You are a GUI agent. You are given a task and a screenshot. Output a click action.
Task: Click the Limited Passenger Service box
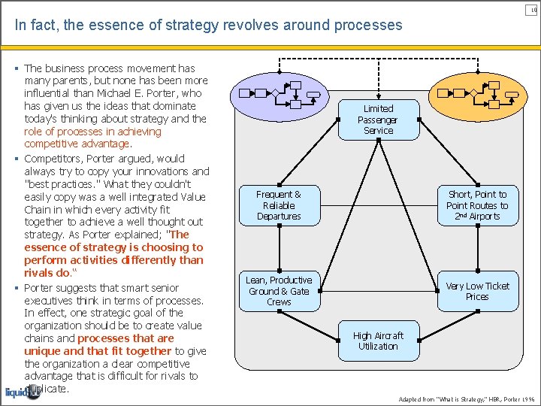tap(378, 120)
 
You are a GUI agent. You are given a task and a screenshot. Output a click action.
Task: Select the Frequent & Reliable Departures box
tap(279, 205)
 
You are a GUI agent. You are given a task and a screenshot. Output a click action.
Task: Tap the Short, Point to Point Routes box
tap(477, 205)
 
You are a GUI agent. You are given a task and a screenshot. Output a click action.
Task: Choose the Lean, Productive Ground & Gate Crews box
tap(279, 291)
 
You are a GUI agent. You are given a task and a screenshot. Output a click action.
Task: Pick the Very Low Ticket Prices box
tap(477, 291)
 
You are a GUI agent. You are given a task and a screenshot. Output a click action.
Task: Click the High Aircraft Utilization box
tap(378, 341)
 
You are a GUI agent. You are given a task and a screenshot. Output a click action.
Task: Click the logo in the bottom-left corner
tap(23, 392)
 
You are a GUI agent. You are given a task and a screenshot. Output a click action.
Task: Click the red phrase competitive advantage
tap(77, 144)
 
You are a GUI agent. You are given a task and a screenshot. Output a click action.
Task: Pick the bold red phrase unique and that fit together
tap(98, 350)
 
